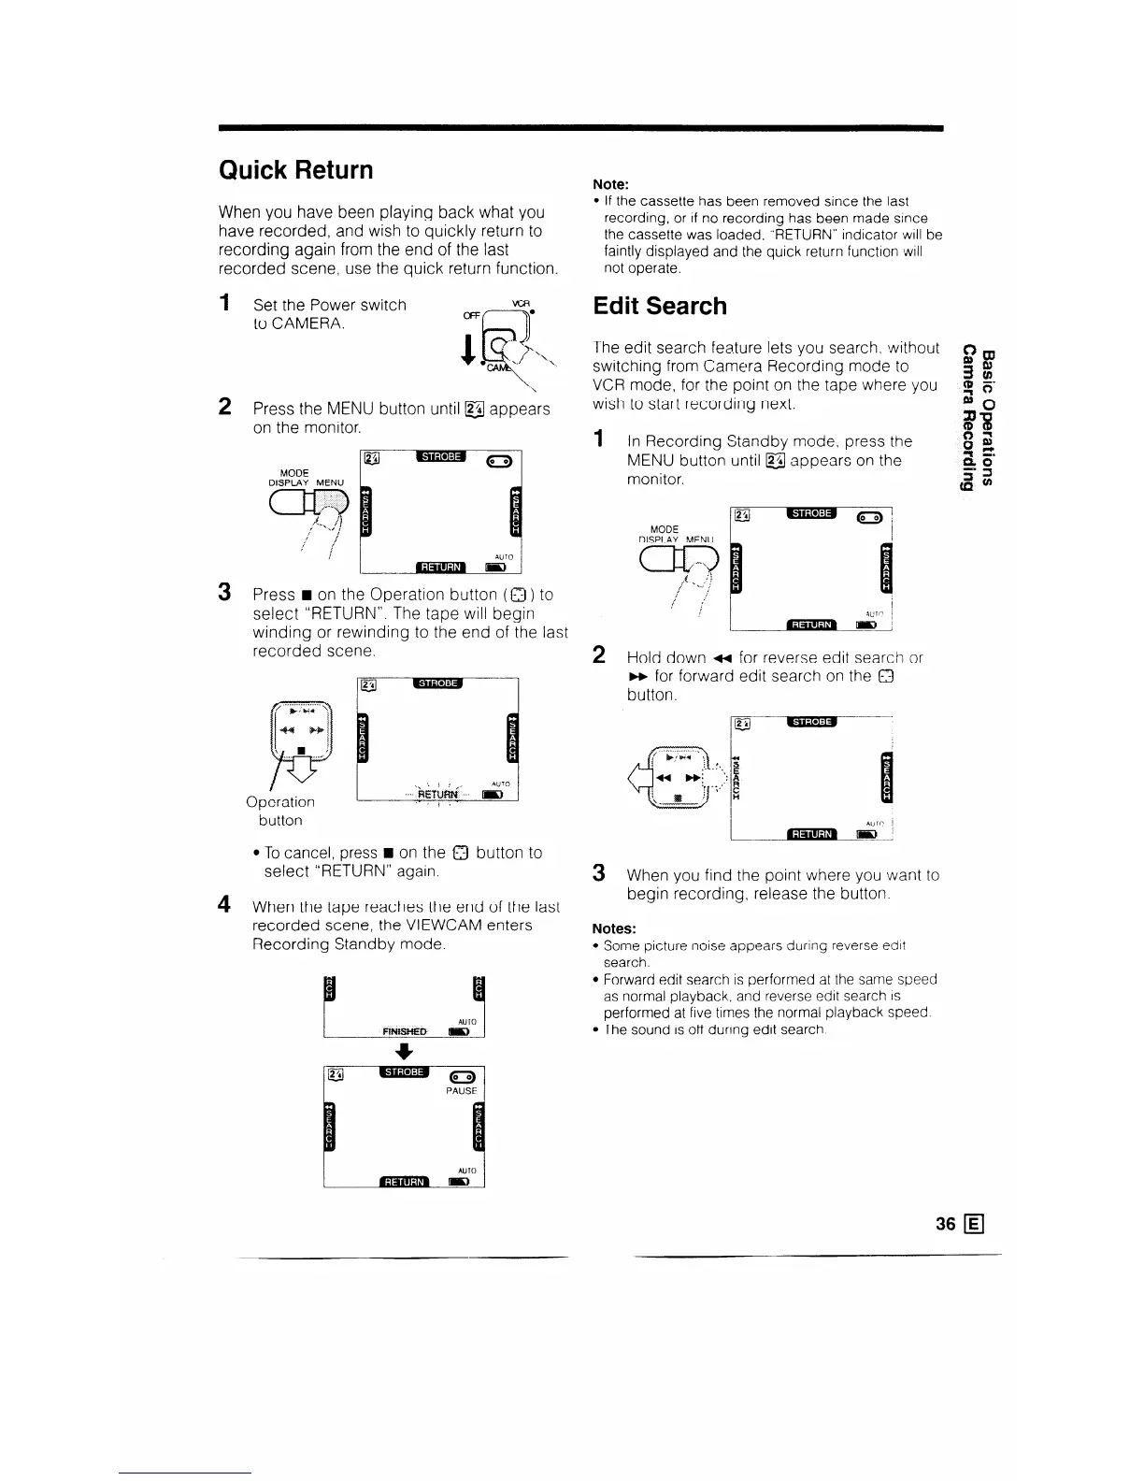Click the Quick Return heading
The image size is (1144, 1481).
[x=295, y=170]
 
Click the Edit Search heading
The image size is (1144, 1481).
[x=660, y=307]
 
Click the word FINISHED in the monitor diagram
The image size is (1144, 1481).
[x=404, y=1031]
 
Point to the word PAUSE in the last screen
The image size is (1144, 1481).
[x=462, y=1090]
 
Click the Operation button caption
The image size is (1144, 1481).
[x=280, y=811]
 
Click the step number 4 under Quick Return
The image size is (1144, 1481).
[x=224, y=905]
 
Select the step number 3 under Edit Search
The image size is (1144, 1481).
[x=599, y=873]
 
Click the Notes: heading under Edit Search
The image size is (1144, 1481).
[x=614, y=928]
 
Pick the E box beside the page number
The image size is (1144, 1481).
[x=978, y=1224]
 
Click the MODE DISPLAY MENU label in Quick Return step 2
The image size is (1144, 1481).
[x=307, y=478]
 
